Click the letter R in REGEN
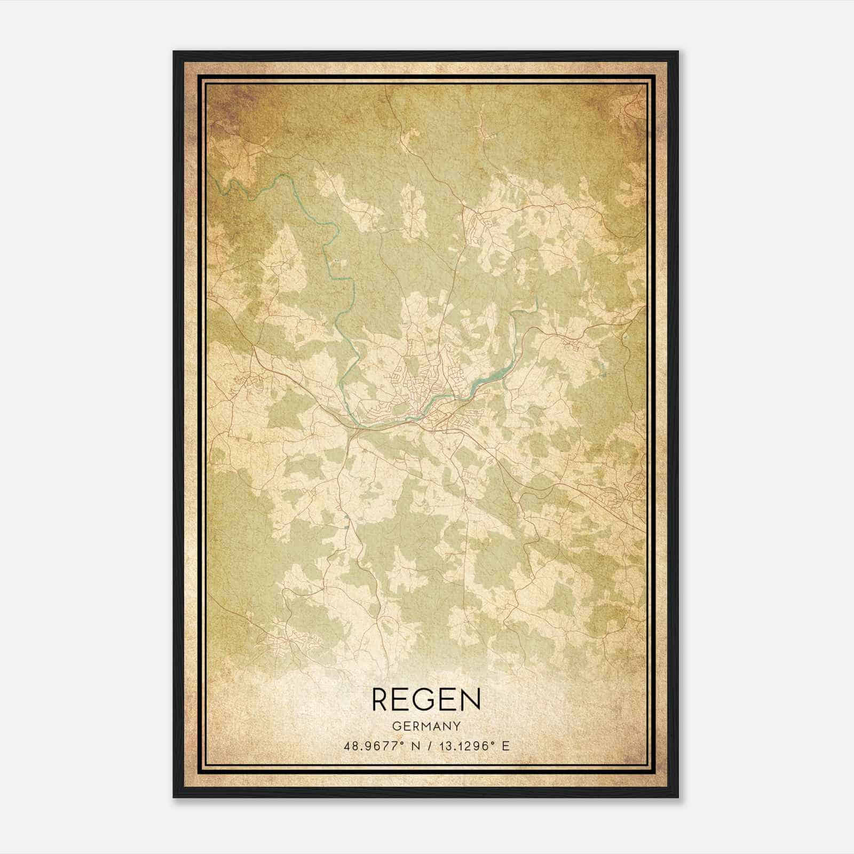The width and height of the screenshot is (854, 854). coord(381,700)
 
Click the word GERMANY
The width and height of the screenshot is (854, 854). coord(426,726)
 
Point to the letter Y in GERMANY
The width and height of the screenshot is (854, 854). coord(456,726)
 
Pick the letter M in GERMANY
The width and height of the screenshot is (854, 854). coord(426,726)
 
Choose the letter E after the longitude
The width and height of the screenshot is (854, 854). coord(505,746)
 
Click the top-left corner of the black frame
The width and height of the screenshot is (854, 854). coord(175,52)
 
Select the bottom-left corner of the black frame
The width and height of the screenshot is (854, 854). coord(175,800)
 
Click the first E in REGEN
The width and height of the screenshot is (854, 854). coord(401,700)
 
